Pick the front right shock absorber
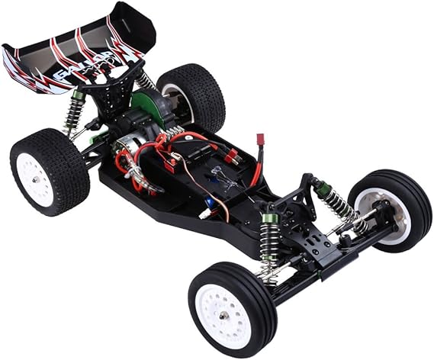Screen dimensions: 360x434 tap(336, 202)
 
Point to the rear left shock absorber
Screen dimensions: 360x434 tap(75, 111)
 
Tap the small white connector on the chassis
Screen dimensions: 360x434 tap(205, 215)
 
